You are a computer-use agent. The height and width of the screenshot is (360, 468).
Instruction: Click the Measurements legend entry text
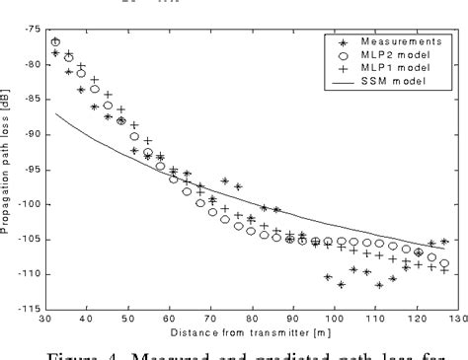[399, 41]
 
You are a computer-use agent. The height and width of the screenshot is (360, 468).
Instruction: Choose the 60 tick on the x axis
[170, 320]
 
